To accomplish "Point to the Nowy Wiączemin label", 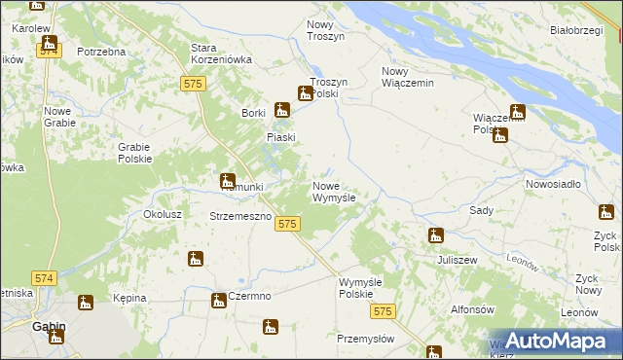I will tap(407, 77).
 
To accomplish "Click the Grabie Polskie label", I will tap(134, 153).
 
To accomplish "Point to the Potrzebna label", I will tap(101, 51).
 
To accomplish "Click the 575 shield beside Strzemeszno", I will tap(286, 225).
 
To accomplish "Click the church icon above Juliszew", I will tap(436, 234).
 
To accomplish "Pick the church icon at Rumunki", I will tap(227, 181).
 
